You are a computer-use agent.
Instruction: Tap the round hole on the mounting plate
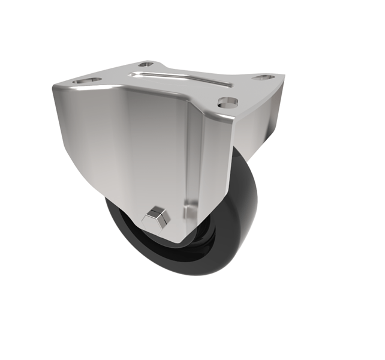pyautogui.click(x=227, y=103)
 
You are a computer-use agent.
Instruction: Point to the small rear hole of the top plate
pyautogui.click(x=146, y=64)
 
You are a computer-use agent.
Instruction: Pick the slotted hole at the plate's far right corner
pyautogui.click(x=263, y=77)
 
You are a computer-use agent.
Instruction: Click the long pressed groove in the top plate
pyautogui.click(x=180, y=78)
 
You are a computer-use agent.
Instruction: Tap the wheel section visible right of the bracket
pyautogui.click(x=243, y=198)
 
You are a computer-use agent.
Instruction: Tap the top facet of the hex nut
pyautogui.click(x=157, y=209)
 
